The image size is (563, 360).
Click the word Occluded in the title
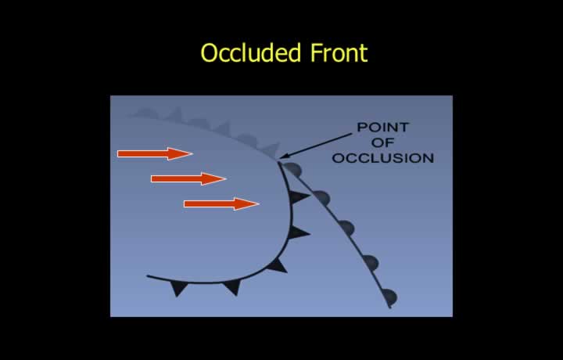click(x=250, y=52)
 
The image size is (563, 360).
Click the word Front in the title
click(x=339, y=52)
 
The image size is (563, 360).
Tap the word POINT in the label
click(x=382, y=128)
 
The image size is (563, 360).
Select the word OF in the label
click(x=382, y=142)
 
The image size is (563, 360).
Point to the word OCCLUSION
click(x=382, y=158)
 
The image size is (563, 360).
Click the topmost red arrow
click(x=155, y=153)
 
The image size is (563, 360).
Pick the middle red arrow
click(x=188, y=178)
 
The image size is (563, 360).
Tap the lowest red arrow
click(x=221, y=203)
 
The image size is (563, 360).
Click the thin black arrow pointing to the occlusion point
click(x=316, y=146)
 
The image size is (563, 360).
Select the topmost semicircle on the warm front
click(x=293, y=169)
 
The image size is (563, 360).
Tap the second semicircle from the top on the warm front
click(x=321, y=197)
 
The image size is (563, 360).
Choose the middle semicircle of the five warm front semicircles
click(x=347, y=228)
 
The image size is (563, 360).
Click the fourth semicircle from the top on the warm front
click(x=371, y=263)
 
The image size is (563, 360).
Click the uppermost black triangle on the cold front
click(x=298, y=196)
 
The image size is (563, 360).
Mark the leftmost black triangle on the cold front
click(x=178, y=288)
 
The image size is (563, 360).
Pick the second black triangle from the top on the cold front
click(x=298, y=232)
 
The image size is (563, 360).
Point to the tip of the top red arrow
click(x=193, y=153)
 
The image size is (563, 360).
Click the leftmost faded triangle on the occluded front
click(x=147, y=113)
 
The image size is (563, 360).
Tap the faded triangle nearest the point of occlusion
click(x=271, y=149)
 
